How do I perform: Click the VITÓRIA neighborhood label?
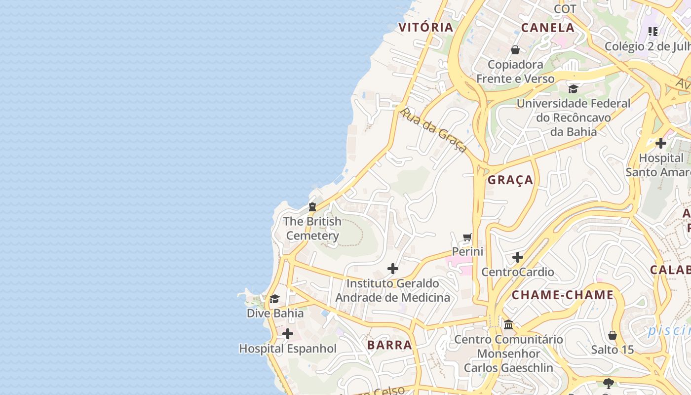(x=426, y=27)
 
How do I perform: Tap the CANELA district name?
(x=548, y=28)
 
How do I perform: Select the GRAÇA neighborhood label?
(x=510, y=180)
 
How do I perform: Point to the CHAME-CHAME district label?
(x=563, y=295)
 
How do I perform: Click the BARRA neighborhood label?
(x=389, y=345)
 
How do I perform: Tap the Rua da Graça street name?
(x=433, y=130)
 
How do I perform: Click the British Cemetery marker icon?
(x=312, y=206)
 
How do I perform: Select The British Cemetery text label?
(x=312, y=229)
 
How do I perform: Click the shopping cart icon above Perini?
(x=467, y=237)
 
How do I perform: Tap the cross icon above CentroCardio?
(x=517, y=257)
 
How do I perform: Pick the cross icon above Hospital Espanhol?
(x=288, y=334)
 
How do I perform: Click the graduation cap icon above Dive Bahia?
(x=275, y=299)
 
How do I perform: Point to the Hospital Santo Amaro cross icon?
(x=660, y=143)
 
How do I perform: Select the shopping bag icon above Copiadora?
(x=515, y=50)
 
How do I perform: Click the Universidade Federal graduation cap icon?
(x=573, y=89)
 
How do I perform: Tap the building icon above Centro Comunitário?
(x=508, y=325)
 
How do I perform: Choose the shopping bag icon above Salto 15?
(x=613, y=335)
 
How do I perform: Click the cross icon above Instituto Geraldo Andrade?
(x=393, y=269)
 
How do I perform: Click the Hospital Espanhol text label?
(x=288, y=349)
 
